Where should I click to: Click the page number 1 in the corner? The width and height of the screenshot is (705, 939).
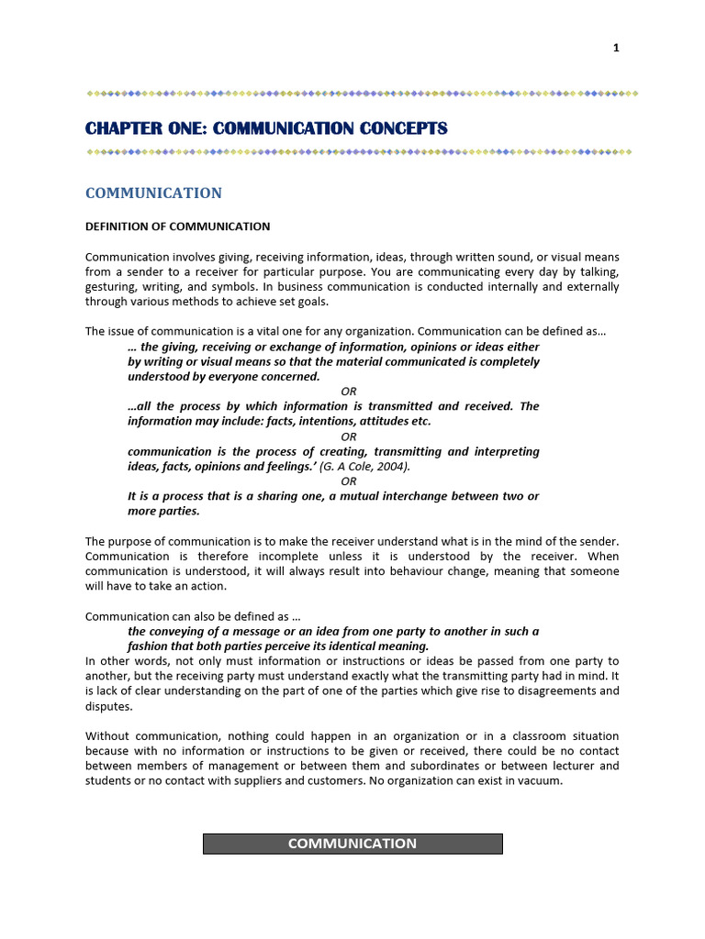(617, 48)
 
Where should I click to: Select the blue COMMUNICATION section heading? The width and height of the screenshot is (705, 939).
(153, 193)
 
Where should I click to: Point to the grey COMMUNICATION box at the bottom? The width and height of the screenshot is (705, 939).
(352, 844)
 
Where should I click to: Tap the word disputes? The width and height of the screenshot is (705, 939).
(108, 706)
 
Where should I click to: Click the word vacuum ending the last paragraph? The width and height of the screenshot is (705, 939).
(542, 781)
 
